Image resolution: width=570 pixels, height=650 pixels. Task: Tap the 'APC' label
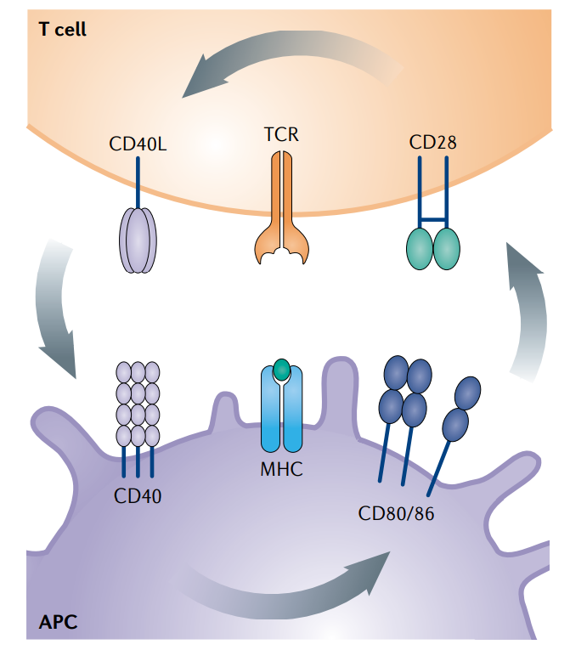58,622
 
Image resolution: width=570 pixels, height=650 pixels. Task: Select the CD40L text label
138,142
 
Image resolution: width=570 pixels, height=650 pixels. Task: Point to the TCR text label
282,134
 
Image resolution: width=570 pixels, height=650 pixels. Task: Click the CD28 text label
432,142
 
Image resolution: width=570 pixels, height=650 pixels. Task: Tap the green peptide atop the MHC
281,370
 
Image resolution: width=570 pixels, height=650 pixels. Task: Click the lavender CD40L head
138,241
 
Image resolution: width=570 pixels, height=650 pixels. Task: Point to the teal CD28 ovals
433,247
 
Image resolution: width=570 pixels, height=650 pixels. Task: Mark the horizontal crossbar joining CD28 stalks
433,220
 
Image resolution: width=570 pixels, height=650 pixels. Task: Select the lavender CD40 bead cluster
138,404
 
